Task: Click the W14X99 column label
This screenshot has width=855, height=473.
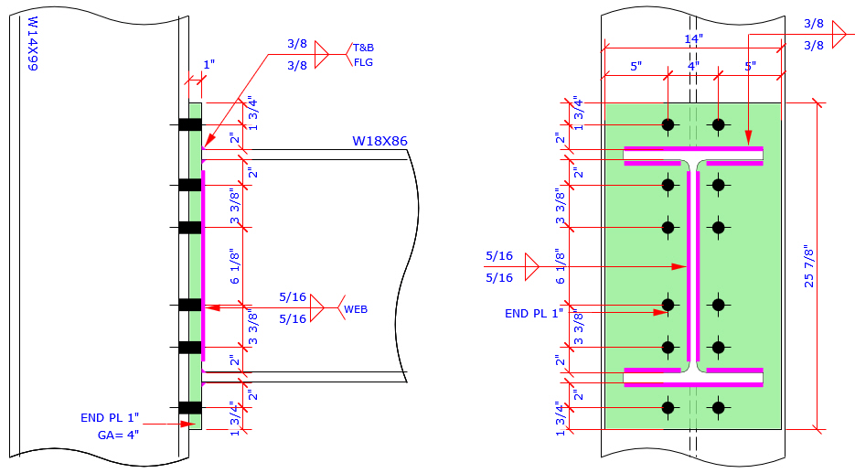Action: coord(32,44)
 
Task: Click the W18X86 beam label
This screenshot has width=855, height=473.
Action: coord(379,141)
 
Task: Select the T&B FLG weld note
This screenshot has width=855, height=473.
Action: coord(364,55)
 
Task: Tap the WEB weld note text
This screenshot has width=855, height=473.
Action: coord(357,310)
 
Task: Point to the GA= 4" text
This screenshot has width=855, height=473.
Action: coord(118,435)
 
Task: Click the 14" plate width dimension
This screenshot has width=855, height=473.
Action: coord(692,39)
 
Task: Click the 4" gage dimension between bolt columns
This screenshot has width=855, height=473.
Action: coord(692,67)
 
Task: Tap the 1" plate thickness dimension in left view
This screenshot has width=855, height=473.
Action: coord(208,65)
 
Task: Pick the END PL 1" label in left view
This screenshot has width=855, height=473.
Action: coord(109,418)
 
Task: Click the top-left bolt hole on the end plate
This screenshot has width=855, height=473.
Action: coord(668,124)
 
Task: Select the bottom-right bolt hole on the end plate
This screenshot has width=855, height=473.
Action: coord(718,407)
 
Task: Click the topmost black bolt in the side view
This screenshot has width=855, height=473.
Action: coord(189,124)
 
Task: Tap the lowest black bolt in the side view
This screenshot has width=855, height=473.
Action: coord(189,407)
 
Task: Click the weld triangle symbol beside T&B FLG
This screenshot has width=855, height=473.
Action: coord(320,55)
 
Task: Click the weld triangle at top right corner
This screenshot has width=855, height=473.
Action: coord(838,35)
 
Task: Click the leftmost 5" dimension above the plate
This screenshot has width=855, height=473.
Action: coord(636,67)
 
